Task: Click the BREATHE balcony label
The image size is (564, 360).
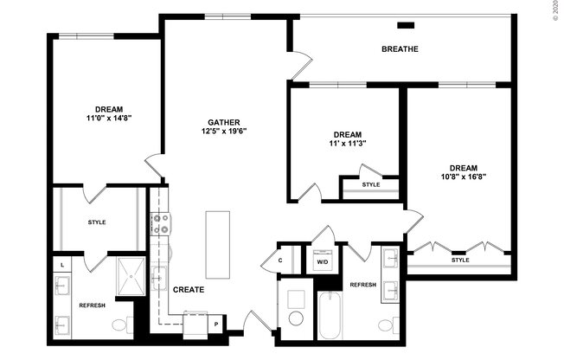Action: point(400,49)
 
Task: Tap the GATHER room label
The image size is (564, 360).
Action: point(223,122)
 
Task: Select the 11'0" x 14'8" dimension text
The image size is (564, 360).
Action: point(108,118)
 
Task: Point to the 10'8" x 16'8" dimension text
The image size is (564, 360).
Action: point(463,179)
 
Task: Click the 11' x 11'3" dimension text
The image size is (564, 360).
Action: point(347,145)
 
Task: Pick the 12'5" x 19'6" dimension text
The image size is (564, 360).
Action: point(223,132)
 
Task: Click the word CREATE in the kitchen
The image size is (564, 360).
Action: point(188,290)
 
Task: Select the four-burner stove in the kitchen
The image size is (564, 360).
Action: point(160,225)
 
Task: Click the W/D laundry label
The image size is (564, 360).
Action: point(322,260)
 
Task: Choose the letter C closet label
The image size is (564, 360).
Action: point(281,260)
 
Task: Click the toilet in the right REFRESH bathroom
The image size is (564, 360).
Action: point(386,325)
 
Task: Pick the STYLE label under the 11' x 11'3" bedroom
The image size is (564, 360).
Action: point(370,184)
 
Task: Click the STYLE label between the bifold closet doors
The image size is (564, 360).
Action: point(460,260)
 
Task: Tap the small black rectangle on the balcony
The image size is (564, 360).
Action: point(405,25)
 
